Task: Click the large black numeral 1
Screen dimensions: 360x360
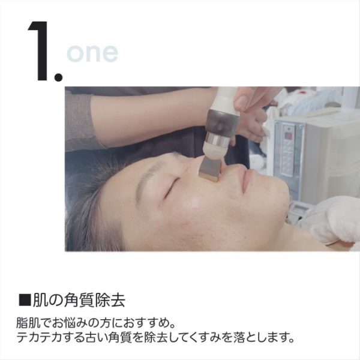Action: pyautogui.click(x=39, y=51)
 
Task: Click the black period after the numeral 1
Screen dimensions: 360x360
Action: pyautogui.click(x=58, y=77)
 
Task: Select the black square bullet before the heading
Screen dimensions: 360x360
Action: pyautogui.click(x=25, y=299)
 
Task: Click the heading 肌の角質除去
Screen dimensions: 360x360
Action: pyautogui.click(x=79, y=300)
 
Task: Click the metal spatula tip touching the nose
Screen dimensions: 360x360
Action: pyautogui.click(x=208, y=170)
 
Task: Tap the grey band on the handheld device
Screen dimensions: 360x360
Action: pyautogui.click(x=221, y=121)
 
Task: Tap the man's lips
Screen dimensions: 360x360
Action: pyautogui.click(x=247, y=181)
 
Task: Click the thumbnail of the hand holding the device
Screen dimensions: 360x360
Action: pyautogui.click(x=243, y=103)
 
